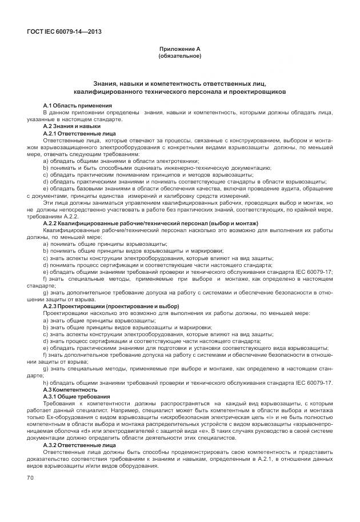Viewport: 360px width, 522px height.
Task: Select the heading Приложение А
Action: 179,50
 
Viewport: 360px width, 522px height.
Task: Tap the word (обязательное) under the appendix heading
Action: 179,57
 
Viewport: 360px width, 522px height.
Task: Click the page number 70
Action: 31,477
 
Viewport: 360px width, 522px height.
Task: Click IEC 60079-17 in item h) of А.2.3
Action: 314,382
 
